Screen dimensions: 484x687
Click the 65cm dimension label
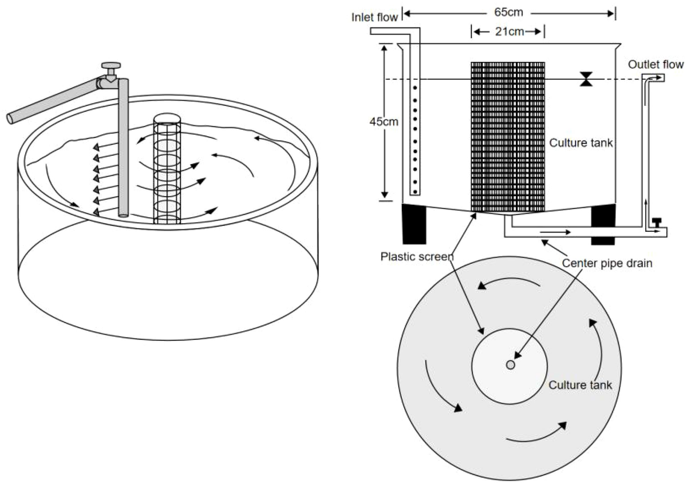tap(508, 11)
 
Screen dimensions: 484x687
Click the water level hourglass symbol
tap(585, 80)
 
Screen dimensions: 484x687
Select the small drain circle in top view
tap(510, 364)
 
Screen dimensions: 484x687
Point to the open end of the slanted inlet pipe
tap(11, 119)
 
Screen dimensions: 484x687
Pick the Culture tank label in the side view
tap(581, 143)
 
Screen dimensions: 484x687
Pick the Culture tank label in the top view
tap(581, 384)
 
